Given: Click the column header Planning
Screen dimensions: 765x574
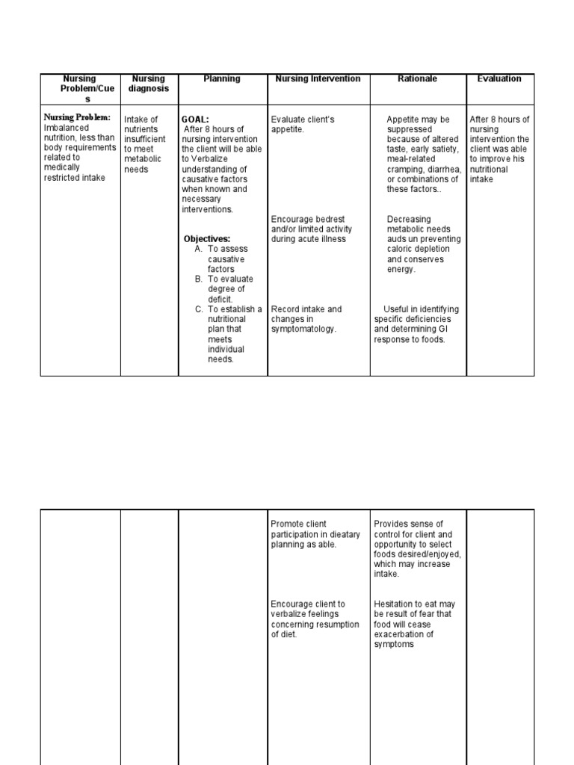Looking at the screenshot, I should (x=222, y=78).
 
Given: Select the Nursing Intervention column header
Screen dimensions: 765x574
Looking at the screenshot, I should (x=318, y=78).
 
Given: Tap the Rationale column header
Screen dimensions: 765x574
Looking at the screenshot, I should (x=418, y=78).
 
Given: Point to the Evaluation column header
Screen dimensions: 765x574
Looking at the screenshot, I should (x=499, y=78).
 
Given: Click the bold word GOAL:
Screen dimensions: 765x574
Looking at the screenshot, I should (x=195, y=120).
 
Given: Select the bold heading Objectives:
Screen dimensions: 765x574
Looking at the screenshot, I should (x=207, y=239).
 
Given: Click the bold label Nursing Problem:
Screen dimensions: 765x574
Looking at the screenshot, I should (x=77, y=117).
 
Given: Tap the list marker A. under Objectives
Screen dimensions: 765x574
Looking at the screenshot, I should (x=199, y=249).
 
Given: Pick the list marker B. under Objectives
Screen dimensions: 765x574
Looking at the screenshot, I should (x=199, y=279).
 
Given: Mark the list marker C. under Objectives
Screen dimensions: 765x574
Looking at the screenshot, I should (x=199, y=309).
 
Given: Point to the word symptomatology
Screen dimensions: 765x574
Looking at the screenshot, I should (x=303, y=329).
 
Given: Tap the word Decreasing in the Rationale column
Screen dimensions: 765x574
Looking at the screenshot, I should (x=408, y=219).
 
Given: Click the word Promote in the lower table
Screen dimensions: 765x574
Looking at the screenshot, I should (x=288, y=524).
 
